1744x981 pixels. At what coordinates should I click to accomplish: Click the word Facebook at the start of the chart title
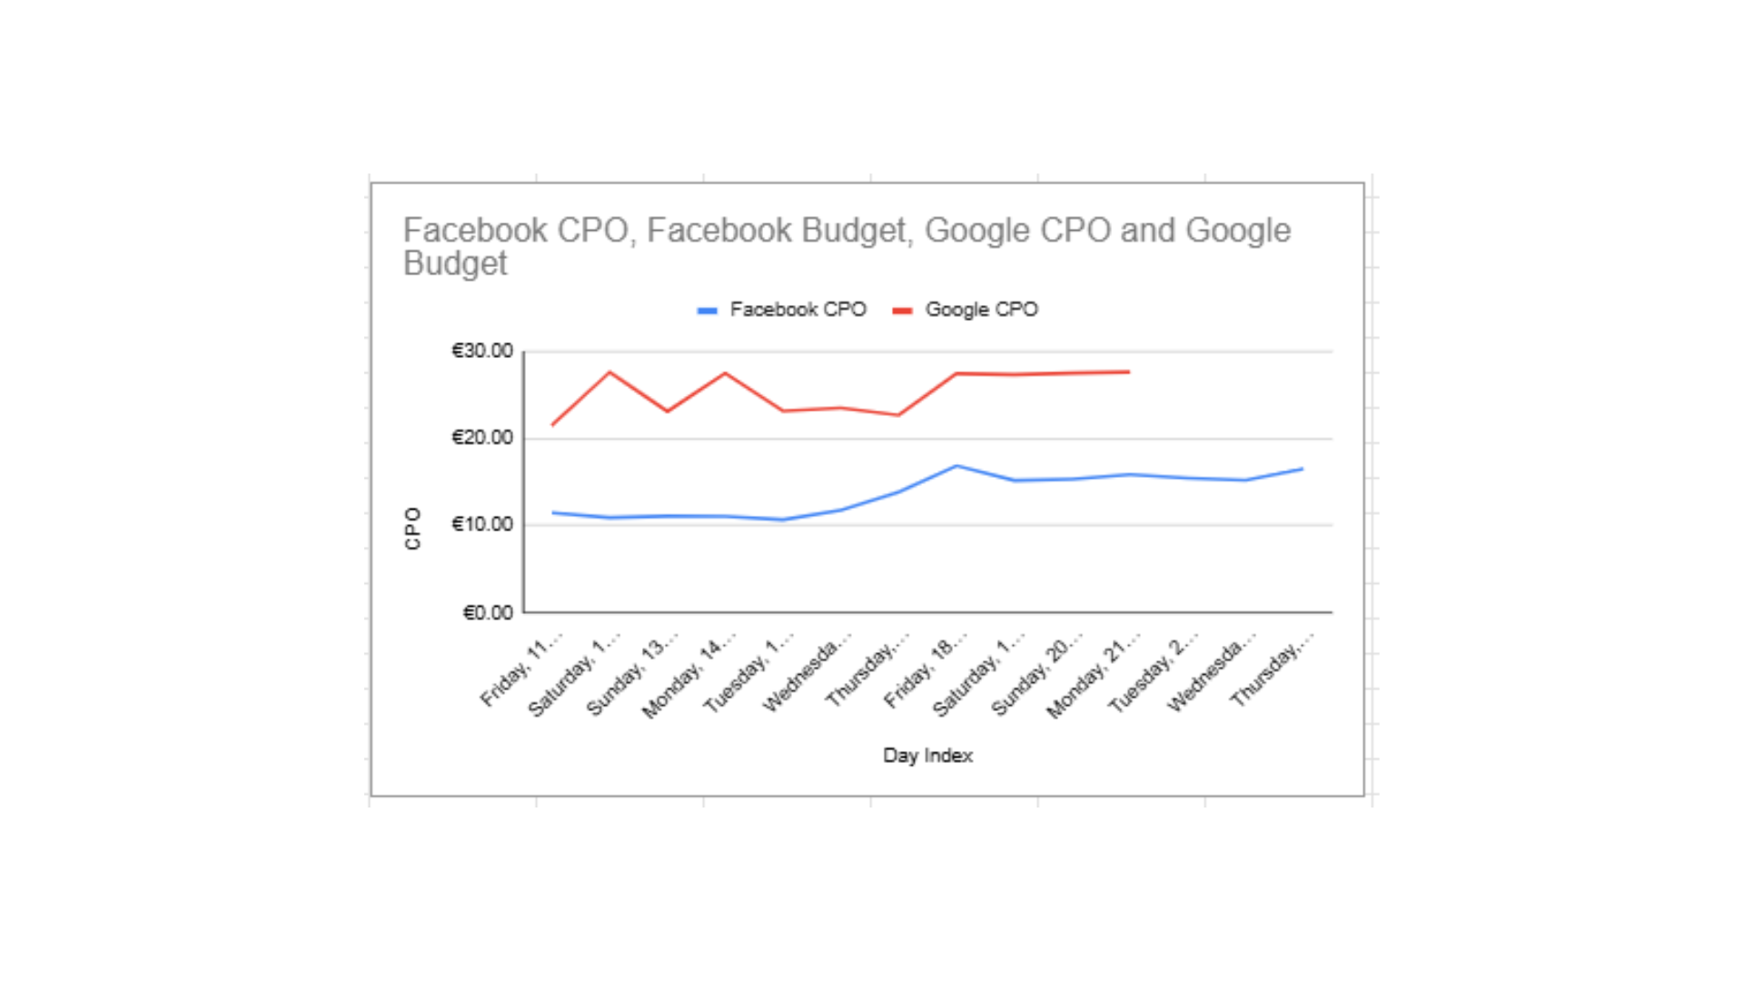click(x=474, y=231)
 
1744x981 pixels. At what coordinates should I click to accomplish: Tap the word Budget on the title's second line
click(x=455, y=263)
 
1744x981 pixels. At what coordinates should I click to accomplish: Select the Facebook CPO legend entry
click(x=783, y=310)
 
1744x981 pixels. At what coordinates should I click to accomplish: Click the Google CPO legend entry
click(x=966, y=310)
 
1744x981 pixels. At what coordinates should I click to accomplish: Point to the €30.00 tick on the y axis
click(x=482, y=351)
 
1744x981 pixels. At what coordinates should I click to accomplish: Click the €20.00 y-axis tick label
click(x=482, y=438)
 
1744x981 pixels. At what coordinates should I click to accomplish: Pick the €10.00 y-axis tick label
click(x=482, y=524)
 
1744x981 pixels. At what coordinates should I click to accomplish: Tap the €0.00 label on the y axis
click(x=488, y=613)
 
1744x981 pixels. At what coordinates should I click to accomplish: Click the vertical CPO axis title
click(x=413, y=528)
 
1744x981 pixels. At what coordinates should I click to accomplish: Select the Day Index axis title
click(x=927, y=756)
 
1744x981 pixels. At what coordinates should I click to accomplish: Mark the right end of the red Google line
click(x=1129, y=372)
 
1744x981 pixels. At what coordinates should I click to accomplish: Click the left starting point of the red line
click(x=552, y=425)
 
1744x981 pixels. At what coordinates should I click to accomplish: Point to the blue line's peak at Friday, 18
click(x=956, y=466)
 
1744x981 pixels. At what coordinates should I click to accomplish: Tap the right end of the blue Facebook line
click(x=1303, y=469)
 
